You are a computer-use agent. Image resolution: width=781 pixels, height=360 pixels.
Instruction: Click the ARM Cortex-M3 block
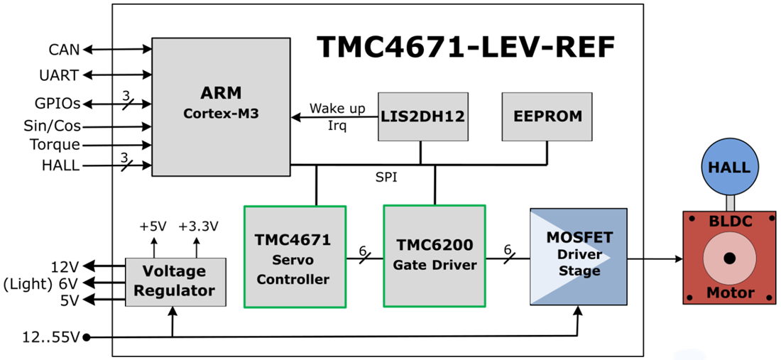(x=222, y=107)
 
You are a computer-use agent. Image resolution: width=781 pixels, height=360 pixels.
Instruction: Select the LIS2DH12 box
(x=423, y=116)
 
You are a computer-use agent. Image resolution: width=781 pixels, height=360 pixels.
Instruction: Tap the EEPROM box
(x=547, y=116)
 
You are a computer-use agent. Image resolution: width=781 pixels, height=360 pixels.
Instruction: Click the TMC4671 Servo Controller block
(x=295, y=256)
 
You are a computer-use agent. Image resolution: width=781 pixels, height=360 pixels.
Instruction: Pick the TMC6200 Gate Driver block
(x=434, y=256)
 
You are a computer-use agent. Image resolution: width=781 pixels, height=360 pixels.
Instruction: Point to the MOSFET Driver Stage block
(x=579, y=256)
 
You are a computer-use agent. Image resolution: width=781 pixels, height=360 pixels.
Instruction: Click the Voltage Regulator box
(x=175, y=281)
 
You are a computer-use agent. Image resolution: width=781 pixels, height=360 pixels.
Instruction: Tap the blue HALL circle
(x=725, y=168)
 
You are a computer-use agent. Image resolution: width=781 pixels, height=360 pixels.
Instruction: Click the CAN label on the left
(x=64, y=50)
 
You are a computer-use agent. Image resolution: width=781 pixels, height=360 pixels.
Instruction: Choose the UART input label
(x=59, y=75)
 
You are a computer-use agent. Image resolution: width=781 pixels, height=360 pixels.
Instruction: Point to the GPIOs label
(x=58, y=104)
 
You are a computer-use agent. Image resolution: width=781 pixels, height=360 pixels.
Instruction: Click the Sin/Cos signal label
(x=52, y=126)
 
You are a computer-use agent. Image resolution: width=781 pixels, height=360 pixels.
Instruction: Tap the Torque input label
(x=55, y=145)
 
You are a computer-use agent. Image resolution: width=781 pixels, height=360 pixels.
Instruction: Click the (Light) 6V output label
(x=41, y=283)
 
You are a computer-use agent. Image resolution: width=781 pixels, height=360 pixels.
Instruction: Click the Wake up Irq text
(x=337, y=116)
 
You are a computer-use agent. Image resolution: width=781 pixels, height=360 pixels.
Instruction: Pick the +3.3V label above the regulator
(x=198, y=227)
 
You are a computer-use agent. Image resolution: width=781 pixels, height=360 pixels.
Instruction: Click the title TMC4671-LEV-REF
(x=465, y=47)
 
